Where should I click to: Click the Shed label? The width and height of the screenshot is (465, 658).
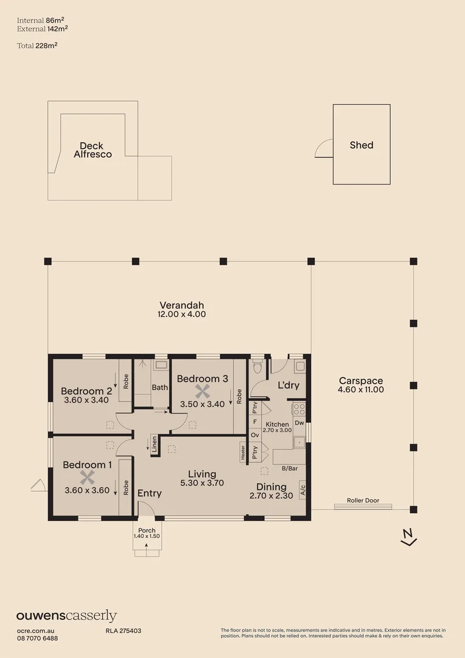pos(361,145)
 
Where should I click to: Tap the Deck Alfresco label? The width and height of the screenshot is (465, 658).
pos(93,150)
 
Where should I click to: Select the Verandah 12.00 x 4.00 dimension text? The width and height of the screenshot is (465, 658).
pos(182,310)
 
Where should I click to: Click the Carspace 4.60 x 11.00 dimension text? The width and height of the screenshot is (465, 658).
pos(361,385)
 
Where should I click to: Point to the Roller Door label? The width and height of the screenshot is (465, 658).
pos(363,501)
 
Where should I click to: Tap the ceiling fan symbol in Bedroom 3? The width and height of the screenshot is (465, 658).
pos(202,392)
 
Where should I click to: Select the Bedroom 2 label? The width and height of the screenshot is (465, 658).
pos(86,391)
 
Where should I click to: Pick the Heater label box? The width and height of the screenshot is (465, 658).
pos(242,452)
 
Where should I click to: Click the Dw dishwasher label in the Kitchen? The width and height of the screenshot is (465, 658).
pos(299,422)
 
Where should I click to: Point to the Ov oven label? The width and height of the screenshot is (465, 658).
pos(255,436)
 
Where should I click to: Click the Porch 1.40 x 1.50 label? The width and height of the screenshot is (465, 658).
pos(147,533)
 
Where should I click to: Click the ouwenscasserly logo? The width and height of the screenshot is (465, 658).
pos(66,616)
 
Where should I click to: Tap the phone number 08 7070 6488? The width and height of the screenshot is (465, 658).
pos(37,638)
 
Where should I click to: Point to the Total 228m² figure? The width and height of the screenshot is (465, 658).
pos(37,45)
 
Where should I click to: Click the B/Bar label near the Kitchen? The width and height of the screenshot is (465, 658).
pos(290,469)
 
